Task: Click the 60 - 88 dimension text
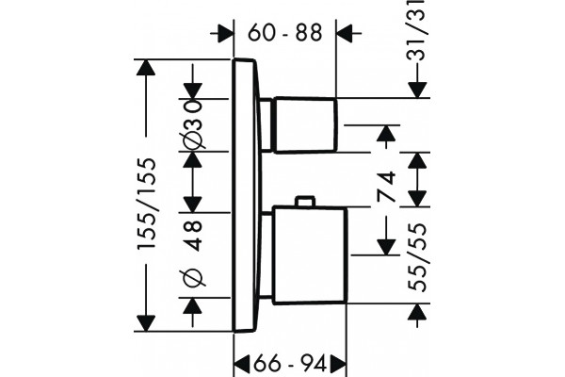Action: pyautogui.click(x=284, y=34)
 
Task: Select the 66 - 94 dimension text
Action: pyautogui.click(x=290, y=364)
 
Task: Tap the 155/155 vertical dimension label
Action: pyautogui.click(x=147, y=204)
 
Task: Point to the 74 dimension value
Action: pyautogui.click(x=386, y=187)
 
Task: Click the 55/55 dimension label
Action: pyautogui.click(x=417, y=257)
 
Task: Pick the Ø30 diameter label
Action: pyautogui.click(x=192, y=124)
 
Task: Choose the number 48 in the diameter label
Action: pyautogui.click(x=192, y=236)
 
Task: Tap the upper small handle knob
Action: pyautogui.click(x=306, y=124)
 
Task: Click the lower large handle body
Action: pyautogui.click(x=310, y=254)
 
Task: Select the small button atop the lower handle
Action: pyautogui.click(x=305, y=202)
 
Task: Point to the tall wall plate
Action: pyautogui.click(x=246, y=195)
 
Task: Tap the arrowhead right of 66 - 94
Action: pyautogui.click(x=338, y=364)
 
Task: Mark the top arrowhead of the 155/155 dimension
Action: pyautogui.click(x=146, y=67)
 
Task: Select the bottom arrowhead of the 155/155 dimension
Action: pyautogui.click(x=146, y=323)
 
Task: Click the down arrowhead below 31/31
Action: pyautogui.click(x=417, y=90)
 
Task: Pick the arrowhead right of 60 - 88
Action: pyautogui.click(x=344, y=33)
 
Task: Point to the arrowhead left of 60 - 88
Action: pyautogui.click(x=226, y=33)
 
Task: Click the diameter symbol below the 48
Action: pyautogui.click(x=192, y=278)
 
